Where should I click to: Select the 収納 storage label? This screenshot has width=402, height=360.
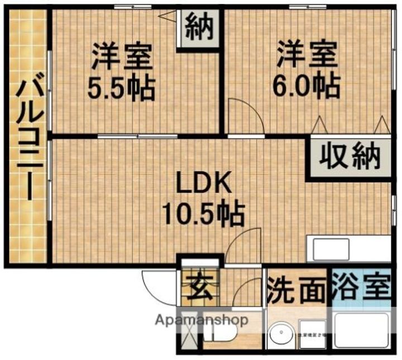point(351,157)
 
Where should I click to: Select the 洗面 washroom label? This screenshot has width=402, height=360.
point(295,290)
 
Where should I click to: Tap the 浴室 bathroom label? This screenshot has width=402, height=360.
point(361,288)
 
